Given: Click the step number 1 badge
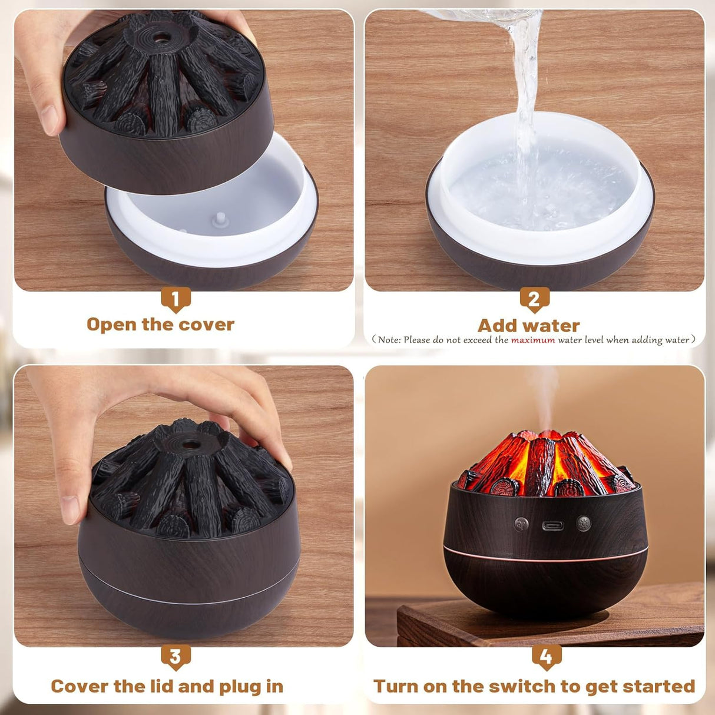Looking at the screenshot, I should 176,299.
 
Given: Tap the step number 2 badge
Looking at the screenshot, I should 534,299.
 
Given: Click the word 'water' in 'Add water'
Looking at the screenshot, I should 553,326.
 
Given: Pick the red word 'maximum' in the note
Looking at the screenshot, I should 532,340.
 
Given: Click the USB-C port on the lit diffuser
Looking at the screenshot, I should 552,525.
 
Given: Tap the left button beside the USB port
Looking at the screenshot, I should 521,524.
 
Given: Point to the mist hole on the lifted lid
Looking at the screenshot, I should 159,39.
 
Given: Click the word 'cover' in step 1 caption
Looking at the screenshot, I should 206,325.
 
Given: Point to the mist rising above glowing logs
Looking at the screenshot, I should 545,395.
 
